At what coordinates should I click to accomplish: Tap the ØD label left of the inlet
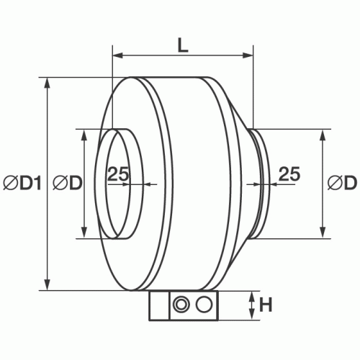click(68, 184)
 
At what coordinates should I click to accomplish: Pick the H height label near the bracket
click(266, 305)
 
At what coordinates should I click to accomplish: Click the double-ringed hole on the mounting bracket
click(180, 305)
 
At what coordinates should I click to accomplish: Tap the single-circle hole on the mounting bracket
click(204, 305)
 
